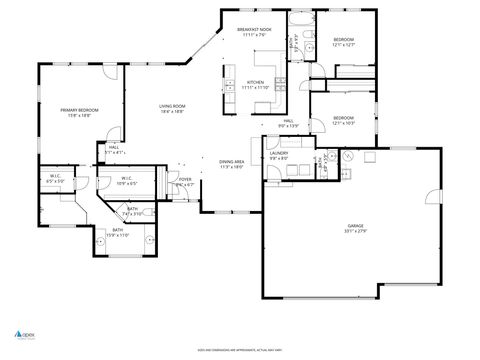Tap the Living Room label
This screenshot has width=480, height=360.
(173, 108)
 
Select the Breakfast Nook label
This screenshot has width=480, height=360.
(254, 32)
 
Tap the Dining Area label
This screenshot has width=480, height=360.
(233, 164)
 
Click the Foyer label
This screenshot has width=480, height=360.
(185, 182)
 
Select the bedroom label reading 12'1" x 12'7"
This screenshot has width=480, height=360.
(345, 41)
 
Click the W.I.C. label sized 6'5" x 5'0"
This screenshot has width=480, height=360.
(55, 180)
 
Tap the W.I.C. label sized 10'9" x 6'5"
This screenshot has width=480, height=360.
(126, 181)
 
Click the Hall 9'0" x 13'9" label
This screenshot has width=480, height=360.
(288, 123)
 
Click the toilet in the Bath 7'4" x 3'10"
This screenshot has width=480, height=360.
(145, 212)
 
